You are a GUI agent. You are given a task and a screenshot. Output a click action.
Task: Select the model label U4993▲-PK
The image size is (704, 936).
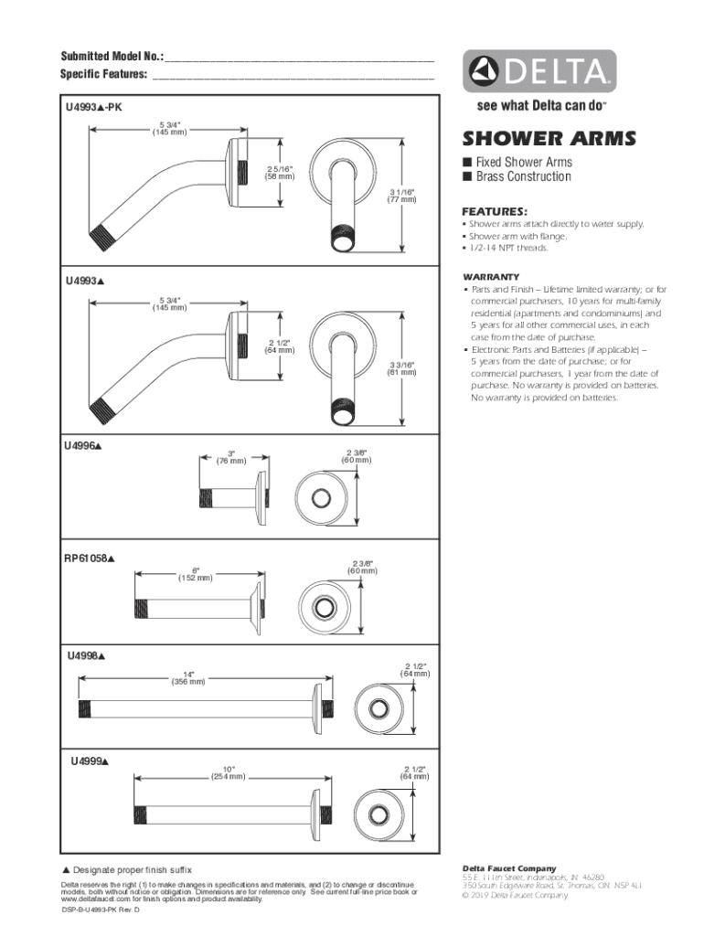coord(93,108)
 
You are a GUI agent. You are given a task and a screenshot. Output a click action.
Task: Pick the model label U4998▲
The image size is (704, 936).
coord(86,656)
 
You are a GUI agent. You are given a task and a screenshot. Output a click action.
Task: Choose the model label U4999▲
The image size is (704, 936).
coord(91,760)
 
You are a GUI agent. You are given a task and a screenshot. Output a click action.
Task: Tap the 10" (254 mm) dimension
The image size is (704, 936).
coord(228,772)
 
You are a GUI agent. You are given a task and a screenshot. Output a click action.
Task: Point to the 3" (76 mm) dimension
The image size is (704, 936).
coord(230,457)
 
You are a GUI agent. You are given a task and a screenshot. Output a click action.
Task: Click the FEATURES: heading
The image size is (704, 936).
coord(495,209)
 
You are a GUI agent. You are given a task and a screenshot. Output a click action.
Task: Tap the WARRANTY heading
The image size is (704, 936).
coord(491,276)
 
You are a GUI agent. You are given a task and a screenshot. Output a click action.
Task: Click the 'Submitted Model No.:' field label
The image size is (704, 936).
coord(112,57)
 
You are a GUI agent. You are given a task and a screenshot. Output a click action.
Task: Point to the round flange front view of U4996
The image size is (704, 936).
coord(321,497)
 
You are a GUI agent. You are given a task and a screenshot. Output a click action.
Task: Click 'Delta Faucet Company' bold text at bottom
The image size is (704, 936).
coord(509,868)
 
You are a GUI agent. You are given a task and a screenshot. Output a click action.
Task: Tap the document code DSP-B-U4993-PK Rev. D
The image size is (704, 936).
coord(101,912)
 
